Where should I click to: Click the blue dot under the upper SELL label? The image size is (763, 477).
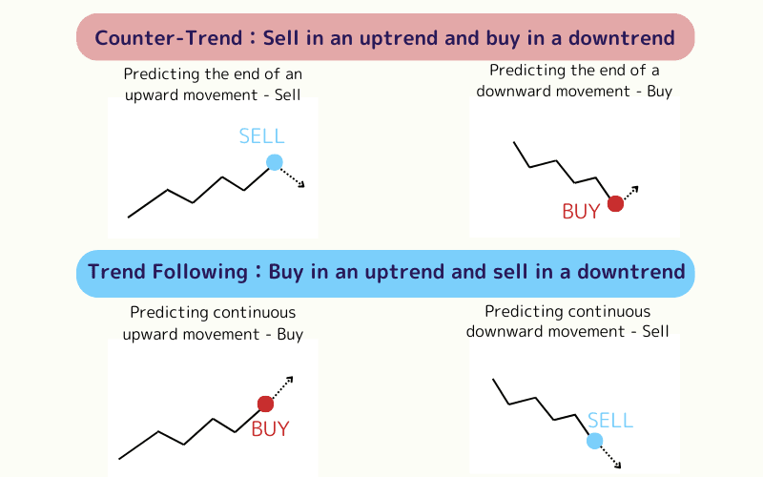point(275,162)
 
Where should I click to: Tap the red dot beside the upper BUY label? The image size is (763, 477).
point(615,203)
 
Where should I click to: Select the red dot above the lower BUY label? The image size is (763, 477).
point(265,404)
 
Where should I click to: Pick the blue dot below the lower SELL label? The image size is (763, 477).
point(594,440)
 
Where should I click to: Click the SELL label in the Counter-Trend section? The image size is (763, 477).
point(261,135)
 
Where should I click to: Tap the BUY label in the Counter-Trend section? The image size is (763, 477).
point(581,212)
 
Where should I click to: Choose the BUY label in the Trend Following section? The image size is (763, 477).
point(270,429)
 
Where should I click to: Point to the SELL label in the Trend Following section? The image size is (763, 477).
point(609,420)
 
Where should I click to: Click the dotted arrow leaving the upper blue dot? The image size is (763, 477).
point(293,177)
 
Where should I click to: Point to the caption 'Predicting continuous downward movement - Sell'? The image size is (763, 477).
point(567,321)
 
